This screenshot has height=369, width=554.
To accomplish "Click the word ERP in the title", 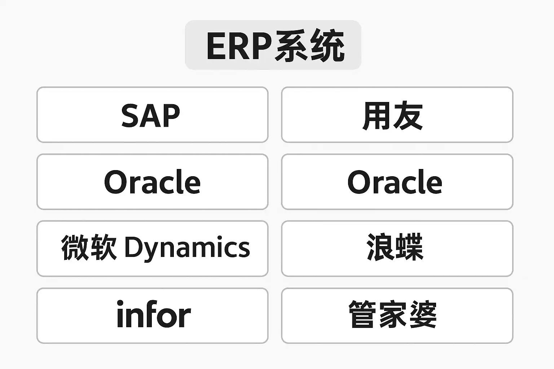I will point(239,46).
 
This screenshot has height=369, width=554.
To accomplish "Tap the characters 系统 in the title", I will point(309,46).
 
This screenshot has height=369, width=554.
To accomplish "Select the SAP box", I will point(152,115).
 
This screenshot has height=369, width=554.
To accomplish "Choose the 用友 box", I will point(397,115).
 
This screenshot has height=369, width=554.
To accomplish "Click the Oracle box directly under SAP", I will point(152,182).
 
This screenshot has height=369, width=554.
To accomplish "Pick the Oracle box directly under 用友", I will point(397,182).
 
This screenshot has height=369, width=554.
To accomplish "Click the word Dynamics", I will point(187,248).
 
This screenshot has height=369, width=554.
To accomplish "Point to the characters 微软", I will point(89,248).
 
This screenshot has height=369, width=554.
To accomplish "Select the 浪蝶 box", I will point(397,248).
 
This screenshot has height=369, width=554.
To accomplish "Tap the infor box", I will point(152,315).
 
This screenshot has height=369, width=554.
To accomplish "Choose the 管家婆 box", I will point(397,315).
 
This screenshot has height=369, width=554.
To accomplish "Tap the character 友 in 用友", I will point(408,116).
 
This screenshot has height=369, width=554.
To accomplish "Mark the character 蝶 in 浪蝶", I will point(409,248).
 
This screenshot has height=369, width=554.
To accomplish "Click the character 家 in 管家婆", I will point(393,315).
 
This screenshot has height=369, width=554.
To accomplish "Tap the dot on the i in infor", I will point(120,303).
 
